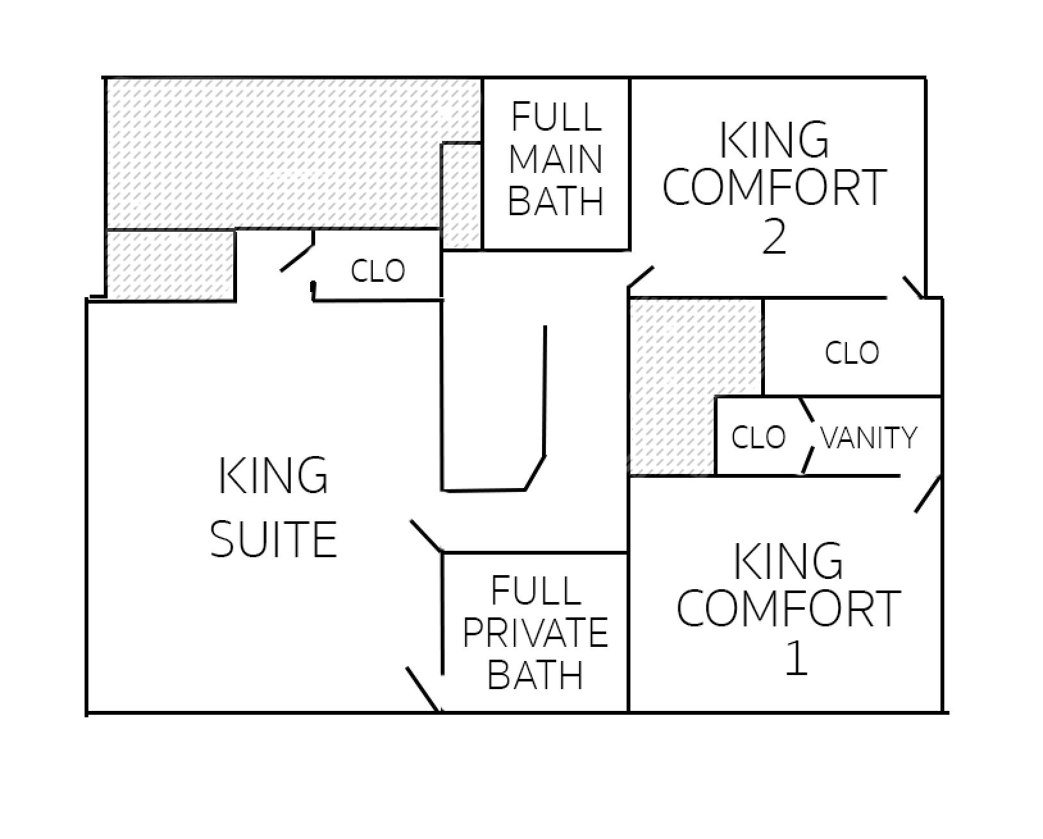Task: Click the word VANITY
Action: point(868,438)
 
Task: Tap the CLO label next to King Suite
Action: point(378,271)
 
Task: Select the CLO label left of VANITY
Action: point(758,437)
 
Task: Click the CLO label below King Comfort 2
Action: point(851,352)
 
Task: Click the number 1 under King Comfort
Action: point(796,658)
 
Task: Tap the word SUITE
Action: point(274,539)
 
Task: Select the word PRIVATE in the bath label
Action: point(535,632)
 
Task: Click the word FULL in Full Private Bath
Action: point(535,590)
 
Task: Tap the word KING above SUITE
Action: point(274,475)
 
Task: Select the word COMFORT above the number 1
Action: point(789,608)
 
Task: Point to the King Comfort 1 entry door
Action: point(927,494)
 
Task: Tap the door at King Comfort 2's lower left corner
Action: point(640,277)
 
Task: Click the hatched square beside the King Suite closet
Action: point(170,265)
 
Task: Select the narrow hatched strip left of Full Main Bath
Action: point(461,195)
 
